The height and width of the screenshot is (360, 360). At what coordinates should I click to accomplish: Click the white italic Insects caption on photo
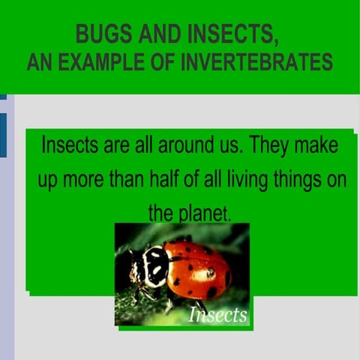coord(217,315)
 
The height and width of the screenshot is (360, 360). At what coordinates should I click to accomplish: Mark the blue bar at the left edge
coord(3,135)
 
